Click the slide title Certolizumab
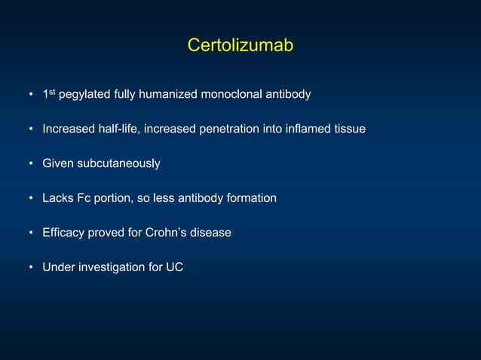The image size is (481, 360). pyautogui.click(x=240, y=46)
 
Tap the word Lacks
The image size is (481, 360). pyautogui.click(x=57, y=198)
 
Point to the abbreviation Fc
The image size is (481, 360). pyautogui.click(x=83, y=198)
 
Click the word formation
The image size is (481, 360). pyautogui.click(x=251, y=198)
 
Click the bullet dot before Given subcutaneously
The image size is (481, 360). pyautogui.click(x=31, y=164)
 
